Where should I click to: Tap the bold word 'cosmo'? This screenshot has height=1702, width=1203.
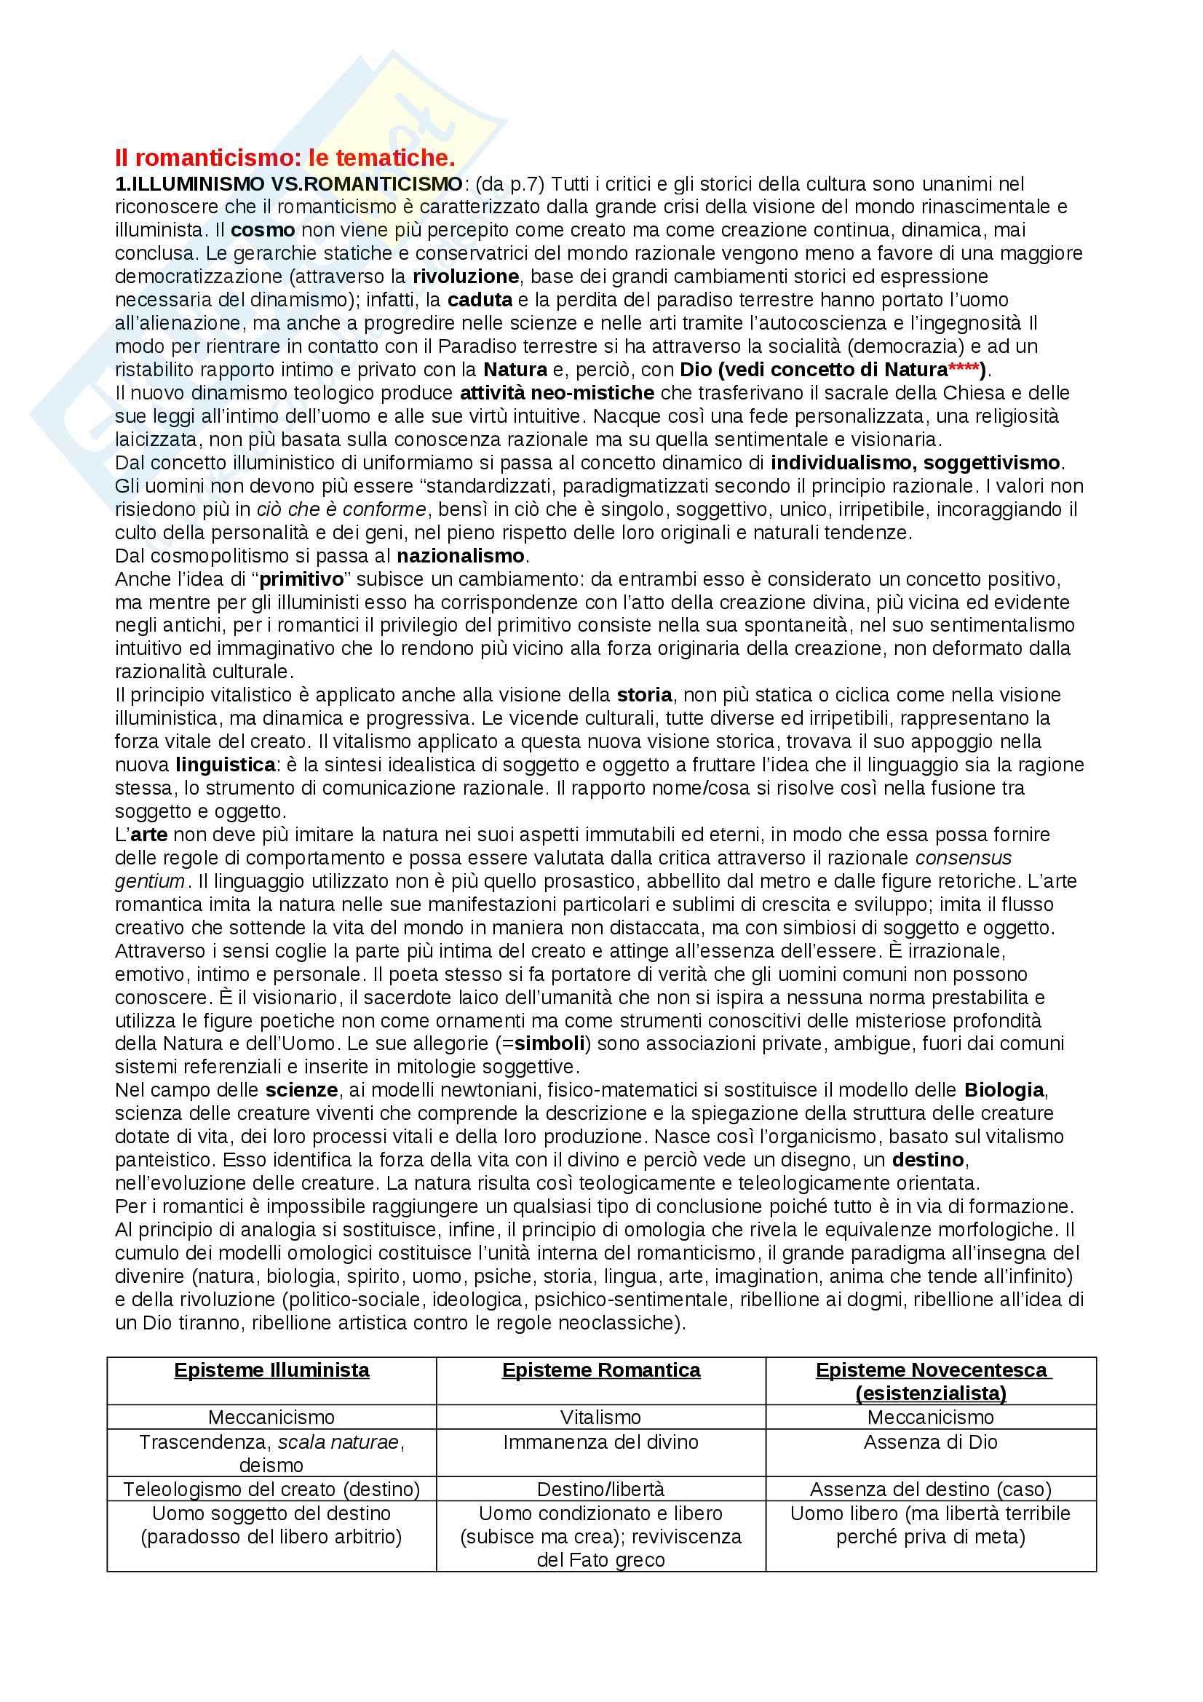click(263, 230)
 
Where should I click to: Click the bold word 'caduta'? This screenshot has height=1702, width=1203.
click(480, 301)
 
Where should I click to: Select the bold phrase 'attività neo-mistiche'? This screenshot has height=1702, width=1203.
click(557, 393)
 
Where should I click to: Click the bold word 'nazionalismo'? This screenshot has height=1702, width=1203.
click(460, 555)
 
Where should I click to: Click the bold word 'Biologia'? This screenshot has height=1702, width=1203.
click(1004, 1091)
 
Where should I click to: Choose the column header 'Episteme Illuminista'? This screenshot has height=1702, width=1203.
click(272, 1370)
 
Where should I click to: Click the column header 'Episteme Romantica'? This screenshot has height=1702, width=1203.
click(601, 1370)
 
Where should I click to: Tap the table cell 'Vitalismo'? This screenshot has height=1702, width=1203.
click(601, 1417)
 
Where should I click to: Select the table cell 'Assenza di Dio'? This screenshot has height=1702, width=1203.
click(930, 1441)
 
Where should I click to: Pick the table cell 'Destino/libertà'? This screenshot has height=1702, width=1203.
click(601, 1490)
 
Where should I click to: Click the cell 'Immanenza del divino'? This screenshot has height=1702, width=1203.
click(601, 1441)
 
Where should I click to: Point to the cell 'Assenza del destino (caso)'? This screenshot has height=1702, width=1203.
click(930, 1490)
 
